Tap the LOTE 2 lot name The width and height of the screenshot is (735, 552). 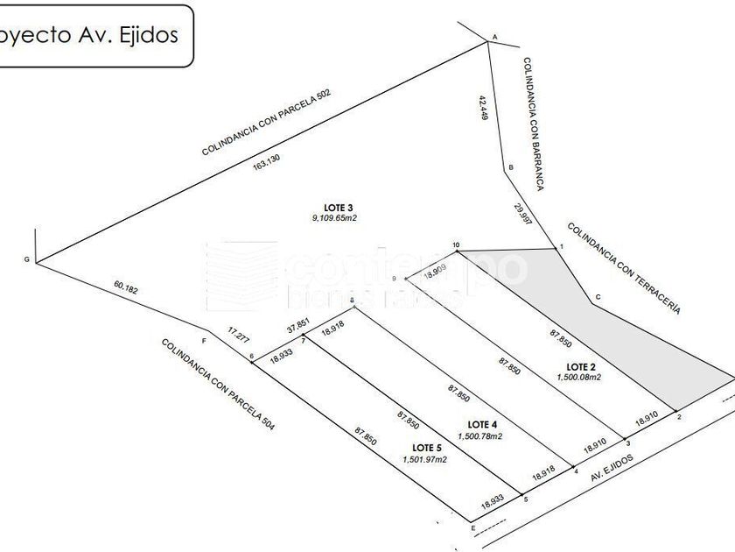(x=582, y=366)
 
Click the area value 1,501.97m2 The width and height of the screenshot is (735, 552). (x=424, y=459)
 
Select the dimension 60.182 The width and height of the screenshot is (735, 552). (x=126, y=287)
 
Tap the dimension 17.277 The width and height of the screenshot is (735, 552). (x=238, y=333)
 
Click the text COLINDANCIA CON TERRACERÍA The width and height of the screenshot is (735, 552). (x=623, y=268)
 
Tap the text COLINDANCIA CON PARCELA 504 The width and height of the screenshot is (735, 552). (x=218, y=383)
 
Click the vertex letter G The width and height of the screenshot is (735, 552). (x=26, y=260)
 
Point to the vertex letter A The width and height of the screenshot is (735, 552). (x=494, y=37)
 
